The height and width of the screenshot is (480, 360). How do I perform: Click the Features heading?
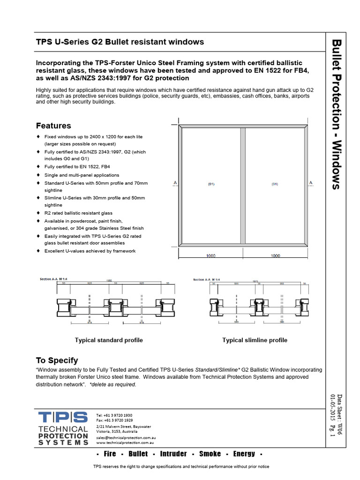coord(53,126)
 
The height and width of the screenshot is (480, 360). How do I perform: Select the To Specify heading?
coord(57,360)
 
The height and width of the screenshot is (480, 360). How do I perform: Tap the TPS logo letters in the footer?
coord(63,417)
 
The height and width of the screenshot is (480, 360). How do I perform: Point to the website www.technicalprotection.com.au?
coord(125,442)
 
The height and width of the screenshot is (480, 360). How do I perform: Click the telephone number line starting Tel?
coord(114,415)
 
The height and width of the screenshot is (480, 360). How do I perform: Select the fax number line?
coord(114,420)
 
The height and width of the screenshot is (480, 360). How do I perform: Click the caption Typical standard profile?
coord(109,340)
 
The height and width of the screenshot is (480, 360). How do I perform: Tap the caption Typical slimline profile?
coord(255,340)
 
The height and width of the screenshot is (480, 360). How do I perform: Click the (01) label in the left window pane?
coord(211,184)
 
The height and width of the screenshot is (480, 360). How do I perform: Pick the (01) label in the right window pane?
coord(275,184)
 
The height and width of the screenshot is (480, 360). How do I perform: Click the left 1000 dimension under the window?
coord(211,255)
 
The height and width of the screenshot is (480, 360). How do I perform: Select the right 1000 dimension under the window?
coord(275,255)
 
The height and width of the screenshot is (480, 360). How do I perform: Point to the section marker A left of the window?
coord(174,182)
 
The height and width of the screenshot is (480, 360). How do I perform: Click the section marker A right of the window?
coord(311,182)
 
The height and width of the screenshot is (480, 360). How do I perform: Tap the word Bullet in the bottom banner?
coord(138,453)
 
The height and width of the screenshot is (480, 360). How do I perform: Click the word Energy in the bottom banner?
coord(244,453)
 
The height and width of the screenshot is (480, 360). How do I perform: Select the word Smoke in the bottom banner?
coord(210,453)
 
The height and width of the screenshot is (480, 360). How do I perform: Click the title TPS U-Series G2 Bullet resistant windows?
coord(120,42)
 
